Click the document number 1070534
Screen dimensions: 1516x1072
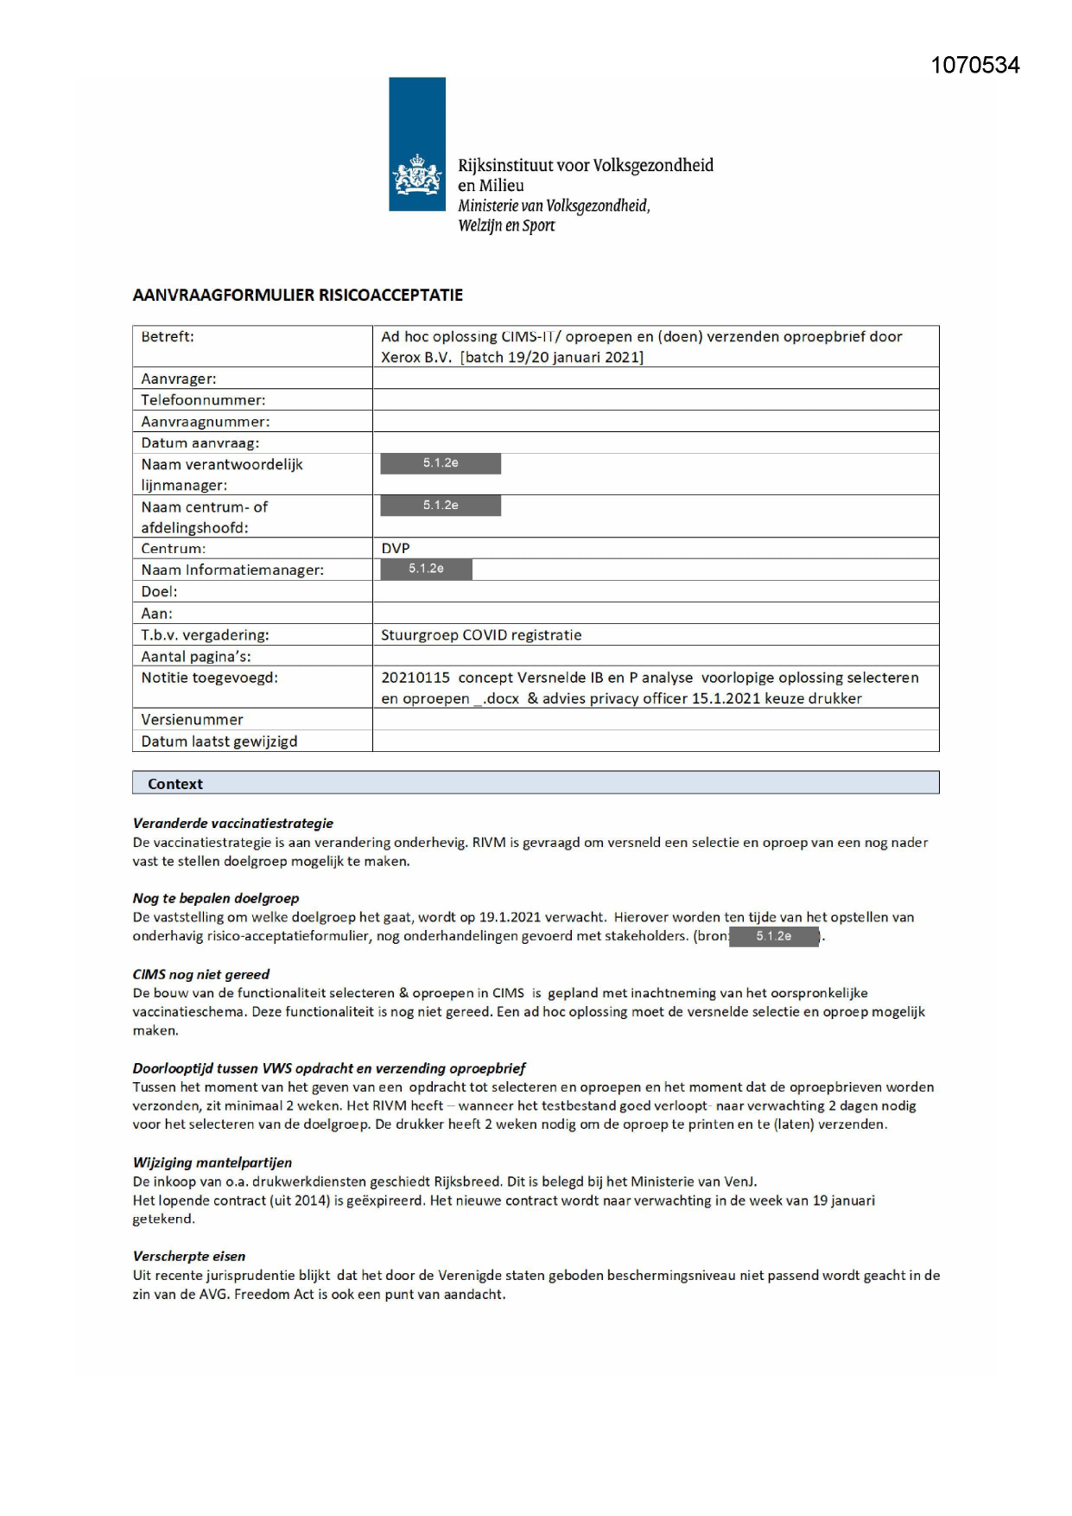(x=974, y=66)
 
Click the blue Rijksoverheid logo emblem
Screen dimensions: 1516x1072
(x=417, y=144)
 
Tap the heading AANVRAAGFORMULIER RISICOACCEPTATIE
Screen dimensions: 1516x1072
(x=297, y=296)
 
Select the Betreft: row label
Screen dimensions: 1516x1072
(x=168, y=337)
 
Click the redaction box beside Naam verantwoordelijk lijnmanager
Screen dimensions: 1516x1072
(x=441, y=463)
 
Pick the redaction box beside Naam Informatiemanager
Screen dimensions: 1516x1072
(x=426, y=569)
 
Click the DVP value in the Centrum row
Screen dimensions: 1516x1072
(x=396, y=548)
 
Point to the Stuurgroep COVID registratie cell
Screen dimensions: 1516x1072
(x=481, y=635)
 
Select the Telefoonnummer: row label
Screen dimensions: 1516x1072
(x=203, y=400)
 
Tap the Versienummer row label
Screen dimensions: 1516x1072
(x=192, y=720)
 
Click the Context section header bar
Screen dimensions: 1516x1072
(x=535, y=783)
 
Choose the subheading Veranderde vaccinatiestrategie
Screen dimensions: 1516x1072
(x=232, y=824)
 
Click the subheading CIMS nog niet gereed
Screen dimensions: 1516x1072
(x=200, y=974)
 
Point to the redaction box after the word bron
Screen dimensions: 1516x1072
(x=774, y=936)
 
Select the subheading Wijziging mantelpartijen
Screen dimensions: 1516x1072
(x=212, y=1162)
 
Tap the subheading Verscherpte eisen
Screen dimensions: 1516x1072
(x=188, y=1256)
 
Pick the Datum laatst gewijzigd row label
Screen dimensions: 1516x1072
(x=219, y=742)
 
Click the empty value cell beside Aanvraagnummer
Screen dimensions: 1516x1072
(x=655, y=422)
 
